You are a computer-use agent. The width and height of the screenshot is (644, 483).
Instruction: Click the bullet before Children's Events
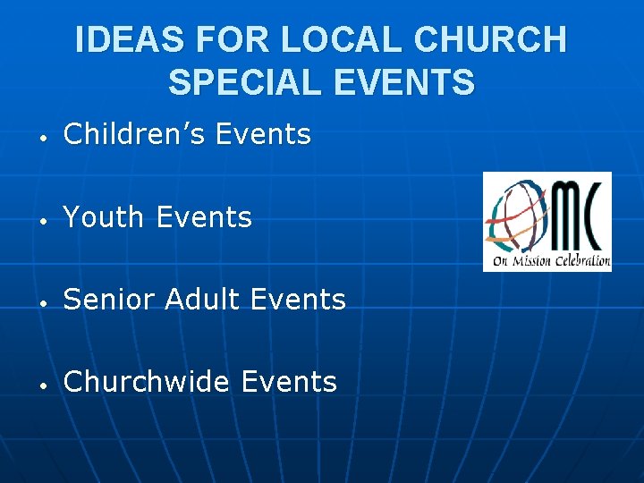[42, 137]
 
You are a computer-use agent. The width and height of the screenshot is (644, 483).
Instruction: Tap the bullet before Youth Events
[42, 219]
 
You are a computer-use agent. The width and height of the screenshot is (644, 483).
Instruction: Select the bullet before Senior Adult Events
[42, 302]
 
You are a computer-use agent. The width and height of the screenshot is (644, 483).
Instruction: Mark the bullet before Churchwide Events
[42, 385]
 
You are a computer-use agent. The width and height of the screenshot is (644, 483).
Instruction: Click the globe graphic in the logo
[514, 215]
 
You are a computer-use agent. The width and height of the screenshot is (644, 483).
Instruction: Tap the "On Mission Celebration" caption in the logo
[547, 262]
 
